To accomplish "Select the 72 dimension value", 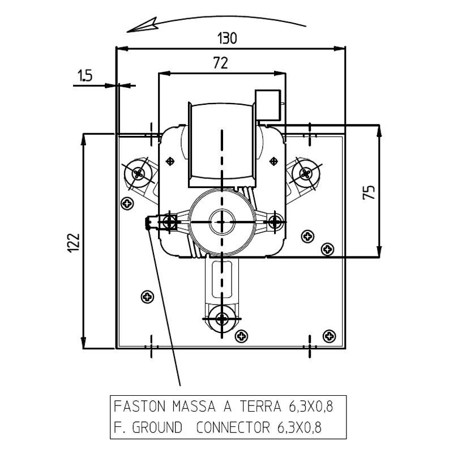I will tap(220, 63).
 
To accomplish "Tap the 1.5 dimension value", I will tap(85, 76).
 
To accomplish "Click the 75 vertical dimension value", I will tap(369, 192).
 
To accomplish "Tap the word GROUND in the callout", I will tap(157, 426).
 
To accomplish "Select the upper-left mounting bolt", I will tap(138, 172).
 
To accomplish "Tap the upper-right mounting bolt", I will tap(306, 172).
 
